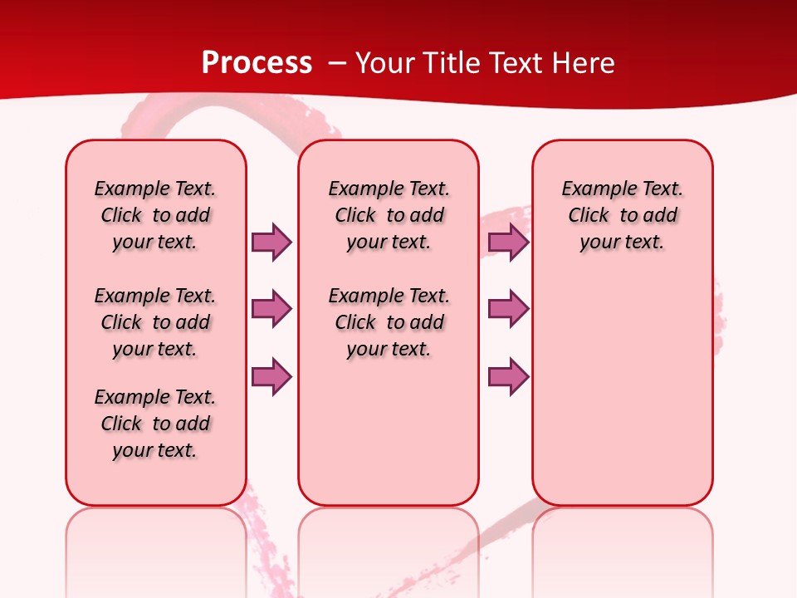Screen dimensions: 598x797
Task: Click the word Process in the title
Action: (x=257, y=63)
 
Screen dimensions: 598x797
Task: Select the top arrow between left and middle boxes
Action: (x=271, y=242)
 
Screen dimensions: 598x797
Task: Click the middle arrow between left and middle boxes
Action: (x=271, y=309)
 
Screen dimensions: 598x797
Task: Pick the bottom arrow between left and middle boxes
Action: (x=271, y=376)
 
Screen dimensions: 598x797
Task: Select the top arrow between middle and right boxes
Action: (x=508, y=242)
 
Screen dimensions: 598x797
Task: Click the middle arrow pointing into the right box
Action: (x=508, y=309)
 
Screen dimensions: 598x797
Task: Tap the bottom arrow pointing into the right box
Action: (x=508, y=376)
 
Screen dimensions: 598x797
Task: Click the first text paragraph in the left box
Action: (x=155, y=215)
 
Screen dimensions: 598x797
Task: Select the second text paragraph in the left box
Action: (x=155, y=322)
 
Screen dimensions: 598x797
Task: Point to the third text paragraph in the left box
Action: (x=155, y=424)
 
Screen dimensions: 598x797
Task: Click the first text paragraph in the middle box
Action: (x=389, y=215)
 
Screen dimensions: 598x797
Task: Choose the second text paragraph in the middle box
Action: (x=389, y=322)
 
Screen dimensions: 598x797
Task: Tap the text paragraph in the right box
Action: (x=622, y=215)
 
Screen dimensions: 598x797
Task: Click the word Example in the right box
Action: (x=592, y=189)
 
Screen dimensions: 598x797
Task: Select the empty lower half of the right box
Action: (x=622, y=399)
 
